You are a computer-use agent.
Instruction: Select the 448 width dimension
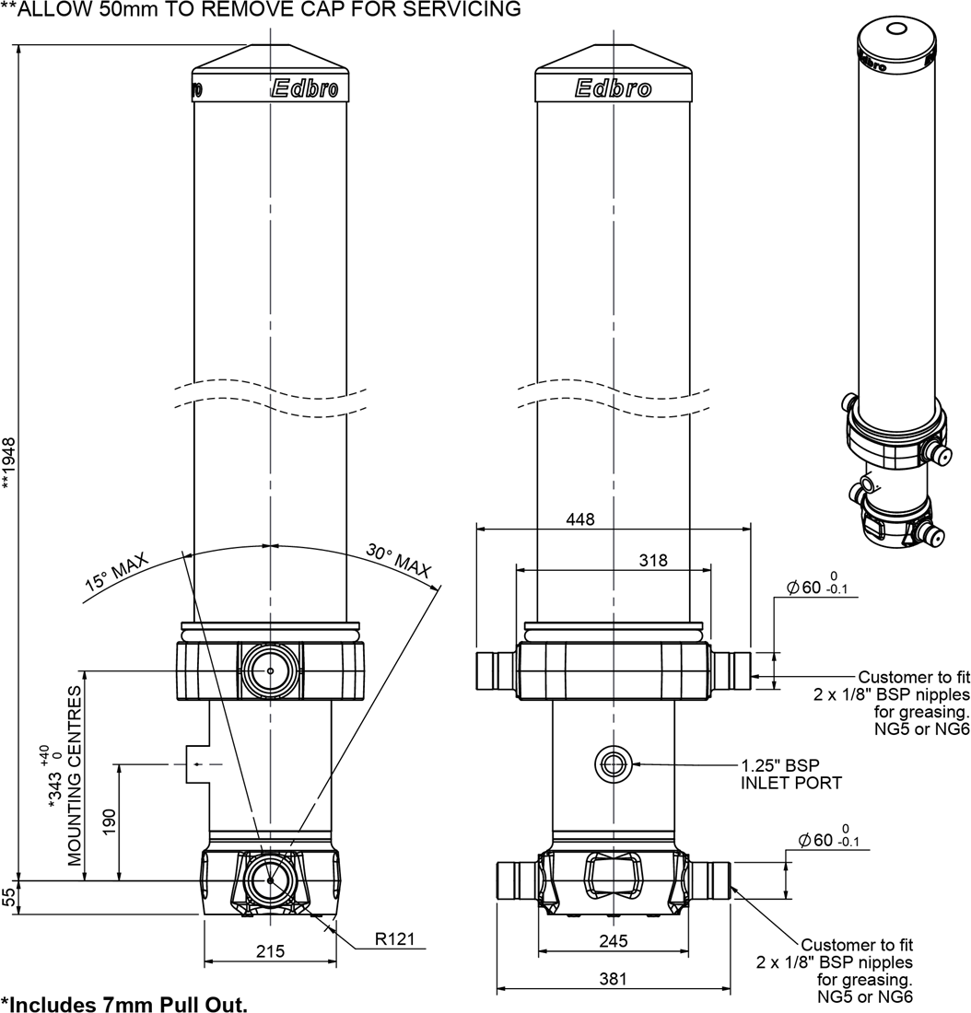[581, 519]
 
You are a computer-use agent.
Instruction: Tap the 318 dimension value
[652, 560]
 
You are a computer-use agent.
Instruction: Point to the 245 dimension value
[613, 940]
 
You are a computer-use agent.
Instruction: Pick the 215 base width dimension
[270, 950]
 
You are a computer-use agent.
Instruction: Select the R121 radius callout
[395, 940]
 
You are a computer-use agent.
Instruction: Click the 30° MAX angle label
[399, 561]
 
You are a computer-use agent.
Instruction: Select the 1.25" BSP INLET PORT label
[790, 774]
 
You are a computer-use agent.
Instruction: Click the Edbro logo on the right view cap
[613, 88]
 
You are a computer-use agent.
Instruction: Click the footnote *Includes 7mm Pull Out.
[124, 1003]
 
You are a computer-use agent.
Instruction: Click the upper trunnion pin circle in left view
[270, 671]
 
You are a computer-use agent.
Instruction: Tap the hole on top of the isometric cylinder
[895, 29]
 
